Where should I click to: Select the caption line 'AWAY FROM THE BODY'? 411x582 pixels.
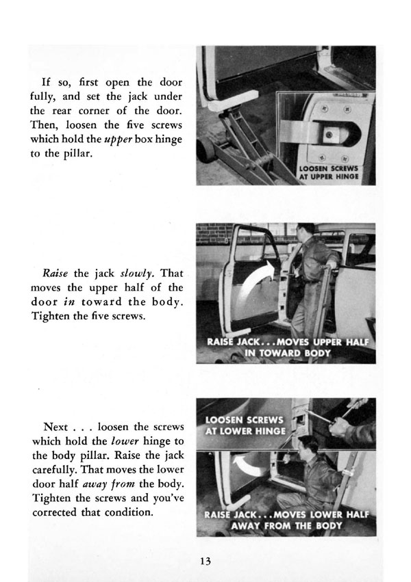tap(288, 527)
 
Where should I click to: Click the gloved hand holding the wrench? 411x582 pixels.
tap(338, 425)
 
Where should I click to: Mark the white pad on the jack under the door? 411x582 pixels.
tap(225, 107)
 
